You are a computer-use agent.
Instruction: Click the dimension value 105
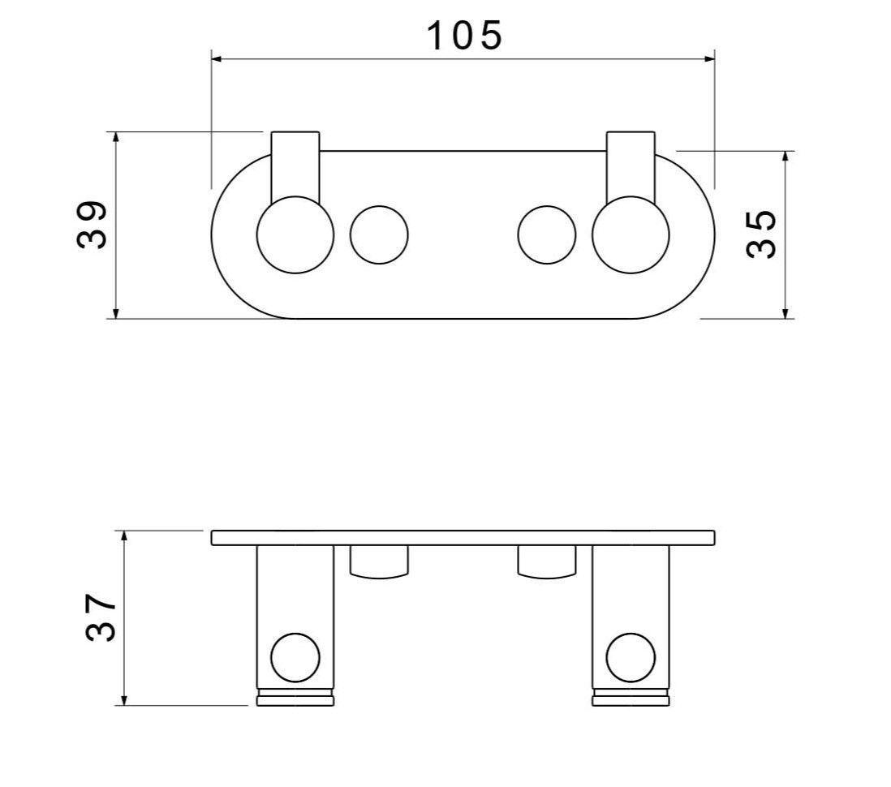(x=464, y=36)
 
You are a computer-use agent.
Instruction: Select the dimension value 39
(x=92, y=224)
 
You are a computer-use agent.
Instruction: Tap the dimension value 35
(x=761, y=234)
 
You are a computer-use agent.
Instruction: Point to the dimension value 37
(x=101, y=617)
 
